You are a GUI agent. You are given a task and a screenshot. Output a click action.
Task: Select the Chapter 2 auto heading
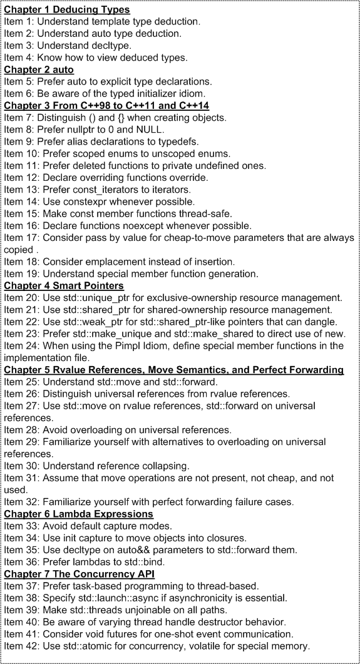pyautogui.click(x=39, y=69)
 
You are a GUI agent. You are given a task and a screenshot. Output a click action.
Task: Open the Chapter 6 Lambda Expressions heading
pyautogui.click(x=79, y=513)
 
